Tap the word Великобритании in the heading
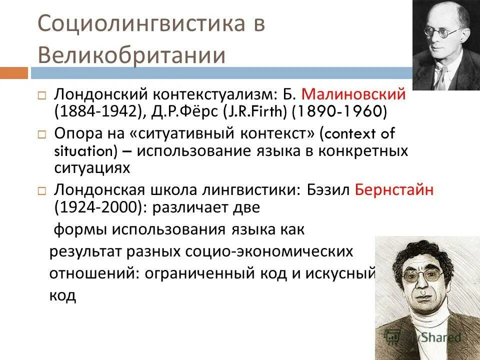point(131,55)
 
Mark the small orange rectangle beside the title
point(13,73)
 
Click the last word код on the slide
point(62,295)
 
